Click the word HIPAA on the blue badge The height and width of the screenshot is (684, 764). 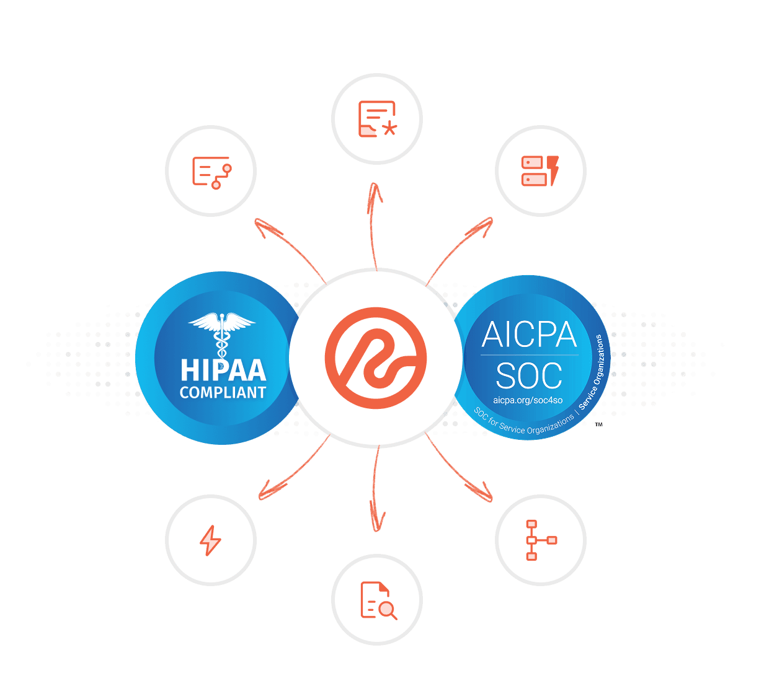pos(223,370)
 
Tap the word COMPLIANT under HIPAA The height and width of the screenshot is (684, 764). pos(223,393)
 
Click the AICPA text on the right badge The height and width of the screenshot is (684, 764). pos(529,335)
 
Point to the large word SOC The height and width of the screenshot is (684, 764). pos(529,375)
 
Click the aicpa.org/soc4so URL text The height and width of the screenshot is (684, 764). pos(528,400)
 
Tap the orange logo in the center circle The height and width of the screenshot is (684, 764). pos(376,358)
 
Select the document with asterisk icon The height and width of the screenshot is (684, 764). pos(377,118)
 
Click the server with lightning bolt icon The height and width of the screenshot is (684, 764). pos(540,170)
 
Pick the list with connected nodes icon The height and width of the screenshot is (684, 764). pos(211,172)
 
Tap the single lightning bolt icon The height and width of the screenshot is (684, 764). pos(210,540)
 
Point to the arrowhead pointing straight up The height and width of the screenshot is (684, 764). pos(375,193)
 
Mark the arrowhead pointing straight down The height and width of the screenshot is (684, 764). pos(376,521)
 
